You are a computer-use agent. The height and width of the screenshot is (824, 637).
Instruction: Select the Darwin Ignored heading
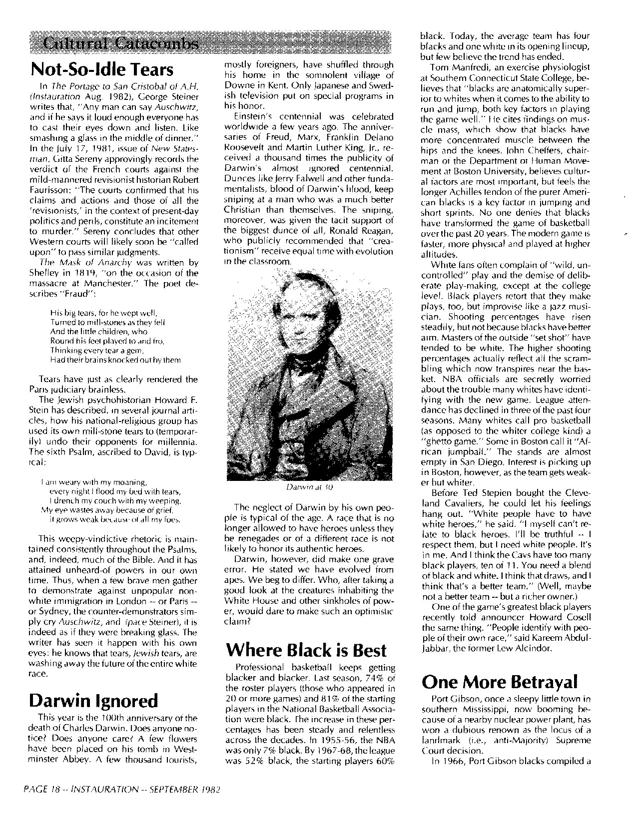click(93, 701)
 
